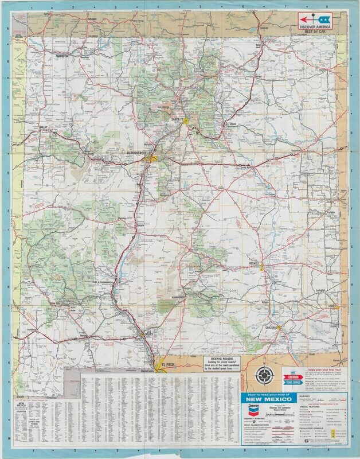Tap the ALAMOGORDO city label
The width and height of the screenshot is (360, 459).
175,297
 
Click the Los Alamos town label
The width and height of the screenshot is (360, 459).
165,107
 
